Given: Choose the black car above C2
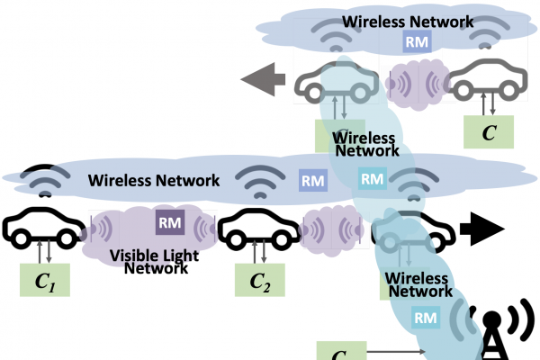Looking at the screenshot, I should pos(258,231).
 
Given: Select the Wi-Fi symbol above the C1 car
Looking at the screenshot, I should pos(43,179).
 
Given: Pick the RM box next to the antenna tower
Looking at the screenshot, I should pos(426,316).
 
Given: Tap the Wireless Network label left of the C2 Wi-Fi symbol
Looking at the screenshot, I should pos(154,181).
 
